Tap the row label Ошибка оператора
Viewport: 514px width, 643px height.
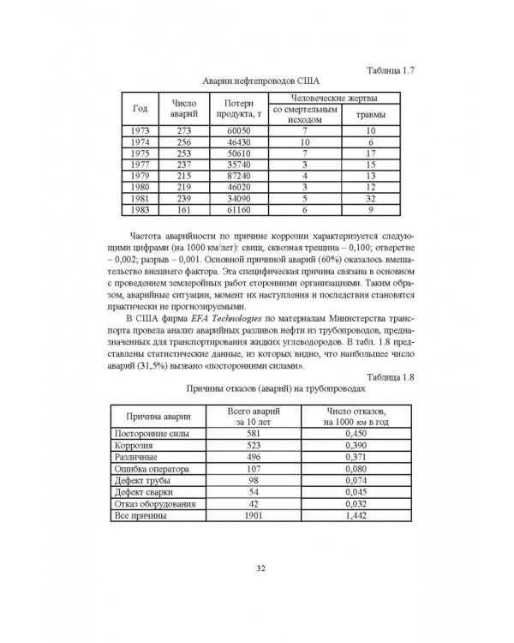(x=152, y=470)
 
